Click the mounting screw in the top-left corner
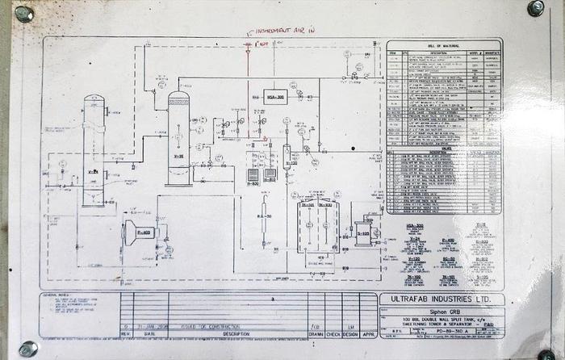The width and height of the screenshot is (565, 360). click(x=23, y=14)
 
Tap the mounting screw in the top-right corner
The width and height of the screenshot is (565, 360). click(x=535, y=8)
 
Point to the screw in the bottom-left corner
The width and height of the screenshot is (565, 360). click(x=27, y=349)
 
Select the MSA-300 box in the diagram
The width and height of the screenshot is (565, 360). click(x=275, y=95)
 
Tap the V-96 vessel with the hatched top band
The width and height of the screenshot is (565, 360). click(x=178, y=137)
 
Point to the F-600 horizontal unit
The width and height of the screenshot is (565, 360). click(x=138, y=232)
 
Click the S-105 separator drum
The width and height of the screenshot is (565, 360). click(x=363, y=232)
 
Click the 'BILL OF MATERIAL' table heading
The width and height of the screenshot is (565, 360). click(x=443, y=47)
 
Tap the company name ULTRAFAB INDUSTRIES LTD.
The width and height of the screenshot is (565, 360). click(x=442, y=299)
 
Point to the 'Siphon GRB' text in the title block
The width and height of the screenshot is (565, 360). click(x=442, y=312)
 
